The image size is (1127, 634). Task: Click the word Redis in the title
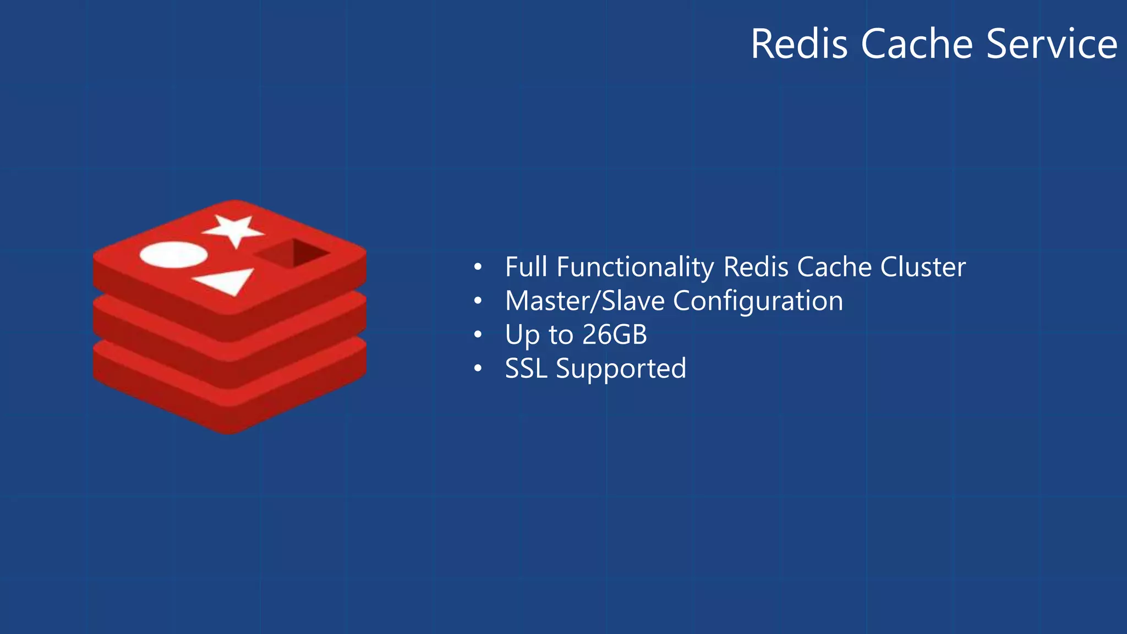tap(799, 44)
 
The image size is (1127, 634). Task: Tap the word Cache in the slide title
tap(917, 44)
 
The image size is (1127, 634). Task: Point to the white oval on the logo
tap(173, 255)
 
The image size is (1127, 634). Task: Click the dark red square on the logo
tap(293, 253)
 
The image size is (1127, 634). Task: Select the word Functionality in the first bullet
tap(635, 267)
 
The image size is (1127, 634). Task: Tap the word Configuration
tap(758, 301)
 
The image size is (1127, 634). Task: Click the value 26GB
tap(615, 335)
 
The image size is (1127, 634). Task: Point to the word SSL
tap(526, 368)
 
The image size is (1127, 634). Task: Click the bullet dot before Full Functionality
tap(478, 268)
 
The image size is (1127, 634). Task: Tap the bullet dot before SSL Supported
tap(478, 369)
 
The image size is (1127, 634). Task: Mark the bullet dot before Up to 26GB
tap(478, 335)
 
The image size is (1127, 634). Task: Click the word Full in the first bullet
tap(526, 267)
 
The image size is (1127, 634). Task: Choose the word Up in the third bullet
tap(522, 335)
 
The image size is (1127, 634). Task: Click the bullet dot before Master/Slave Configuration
tap(478, 302)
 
